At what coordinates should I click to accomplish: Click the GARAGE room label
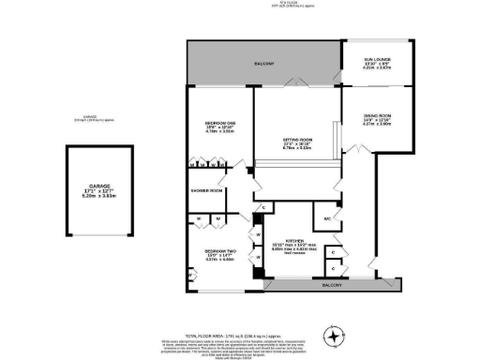(x=91, y=187)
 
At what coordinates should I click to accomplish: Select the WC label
(x=328, y=219)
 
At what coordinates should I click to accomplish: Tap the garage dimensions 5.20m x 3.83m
(x=91, y=198)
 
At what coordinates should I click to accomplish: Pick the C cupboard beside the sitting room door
(x=264, y=206)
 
